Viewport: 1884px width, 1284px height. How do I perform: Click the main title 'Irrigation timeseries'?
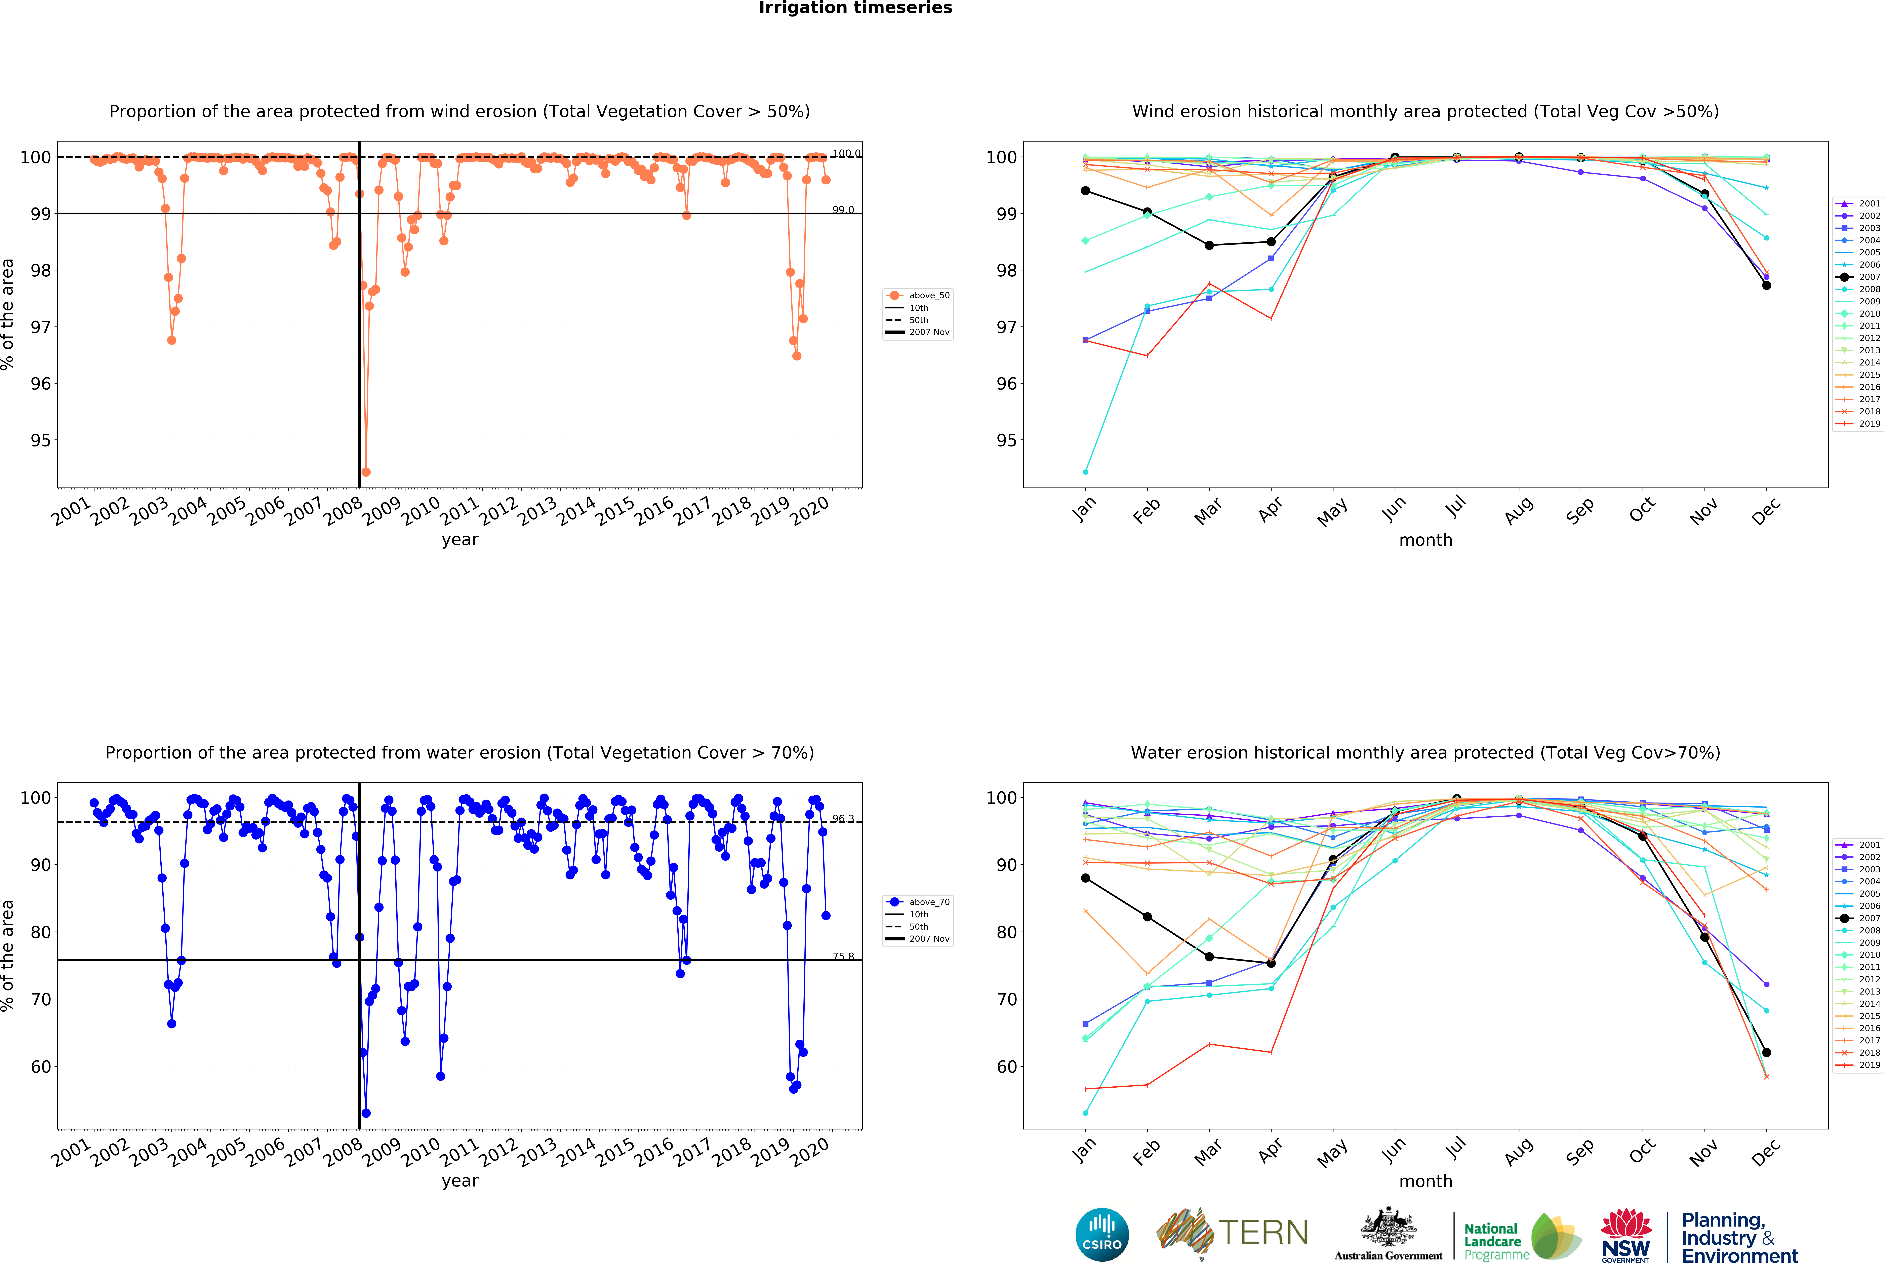pos(855,8)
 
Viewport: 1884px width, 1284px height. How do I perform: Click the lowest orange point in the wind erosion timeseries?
pos(366,472)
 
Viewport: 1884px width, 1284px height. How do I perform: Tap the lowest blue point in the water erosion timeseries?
pos(366,1113)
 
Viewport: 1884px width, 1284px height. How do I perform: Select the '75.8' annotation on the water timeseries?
pos(843,957)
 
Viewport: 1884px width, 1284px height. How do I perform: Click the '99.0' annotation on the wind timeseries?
pos(843,210)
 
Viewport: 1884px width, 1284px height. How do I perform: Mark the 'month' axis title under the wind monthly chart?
pos(1425,540)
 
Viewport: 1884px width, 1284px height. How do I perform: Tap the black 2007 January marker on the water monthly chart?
pos(1085,878)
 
